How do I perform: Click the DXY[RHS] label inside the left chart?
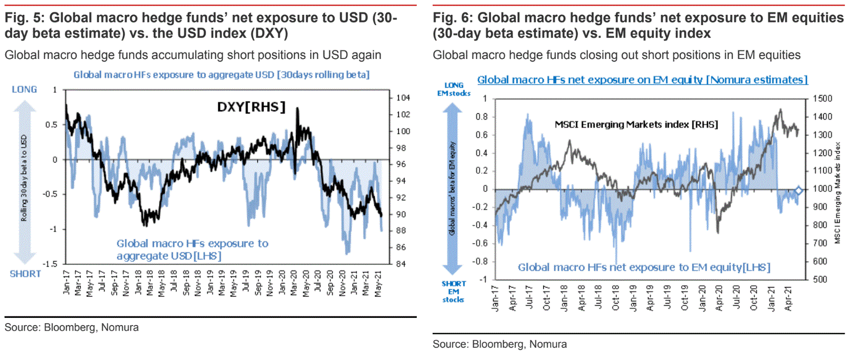(251, 107)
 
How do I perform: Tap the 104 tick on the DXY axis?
(403, 97)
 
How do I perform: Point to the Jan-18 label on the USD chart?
(138, 283)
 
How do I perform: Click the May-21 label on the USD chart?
(378, 283)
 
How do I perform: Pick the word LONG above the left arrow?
(25, 89)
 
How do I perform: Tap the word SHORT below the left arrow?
(25, 274)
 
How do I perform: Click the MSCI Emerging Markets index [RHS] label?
(636, 125)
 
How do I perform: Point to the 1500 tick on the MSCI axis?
(822, 98)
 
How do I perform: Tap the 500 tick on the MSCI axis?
(820, 279)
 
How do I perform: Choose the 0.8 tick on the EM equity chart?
(481, 117)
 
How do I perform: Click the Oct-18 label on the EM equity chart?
(616, 298)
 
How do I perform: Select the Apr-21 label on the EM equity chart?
(788, 298)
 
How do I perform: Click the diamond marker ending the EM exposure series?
(798, 191)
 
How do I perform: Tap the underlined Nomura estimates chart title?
(642, 79)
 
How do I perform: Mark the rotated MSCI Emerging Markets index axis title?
(837, 193)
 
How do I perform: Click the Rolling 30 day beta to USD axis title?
(24, 178)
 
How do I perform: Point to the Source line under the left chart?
(72, 327)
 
